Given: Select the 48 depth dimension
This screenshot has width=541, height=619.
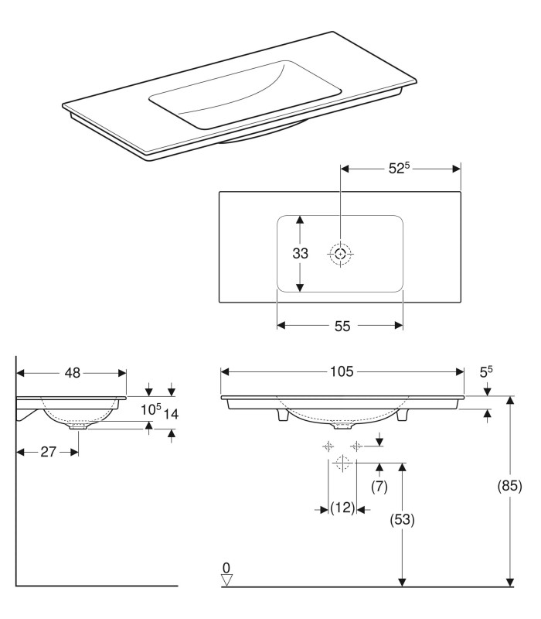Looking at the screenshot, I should (x=72, y=373).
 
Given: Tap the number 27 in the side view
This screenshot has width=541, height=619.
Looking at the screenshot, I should (x=48, y=452).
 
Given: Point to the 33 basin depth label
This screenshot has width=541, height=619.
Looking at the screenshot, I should (x=301, y=253).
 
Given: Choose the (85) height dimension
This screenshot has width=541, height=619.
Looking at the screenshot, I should (x=510, y=486).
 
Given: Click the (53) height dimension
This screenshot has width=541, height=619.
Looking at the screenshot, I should (x=402, y=520).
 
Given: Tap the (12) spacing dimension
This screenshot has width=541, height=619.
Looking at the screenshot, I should (x=342, y=508).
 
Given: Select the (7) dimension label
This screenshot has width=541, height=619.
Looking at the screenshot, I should (x=379, y=487).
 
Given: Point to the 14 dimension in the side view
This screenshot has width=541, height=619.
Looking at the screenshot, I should (x=171, y=414).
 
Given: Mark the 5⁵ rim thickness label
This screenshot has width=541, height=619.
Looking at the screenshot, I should (x=486, y=373).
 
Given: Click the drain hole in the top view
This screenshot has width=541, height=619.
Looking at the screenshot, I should (x=340, y=253).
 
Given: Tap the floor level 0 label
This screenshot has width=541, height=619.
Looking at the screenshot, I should (x=226, y=568).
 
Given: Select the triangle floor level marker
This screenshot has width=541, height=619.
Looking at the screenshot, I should (x=226, y=580).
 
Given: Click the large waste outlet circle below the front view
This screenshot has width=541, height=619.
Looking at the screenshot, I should (x=342, y=463).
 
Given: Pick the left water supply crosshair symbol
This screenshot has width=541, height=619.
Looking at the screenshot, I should (x=328, y=446).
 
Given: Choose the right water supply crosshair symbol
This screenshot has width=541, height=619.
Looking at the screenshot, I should (x=356, y=446).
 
